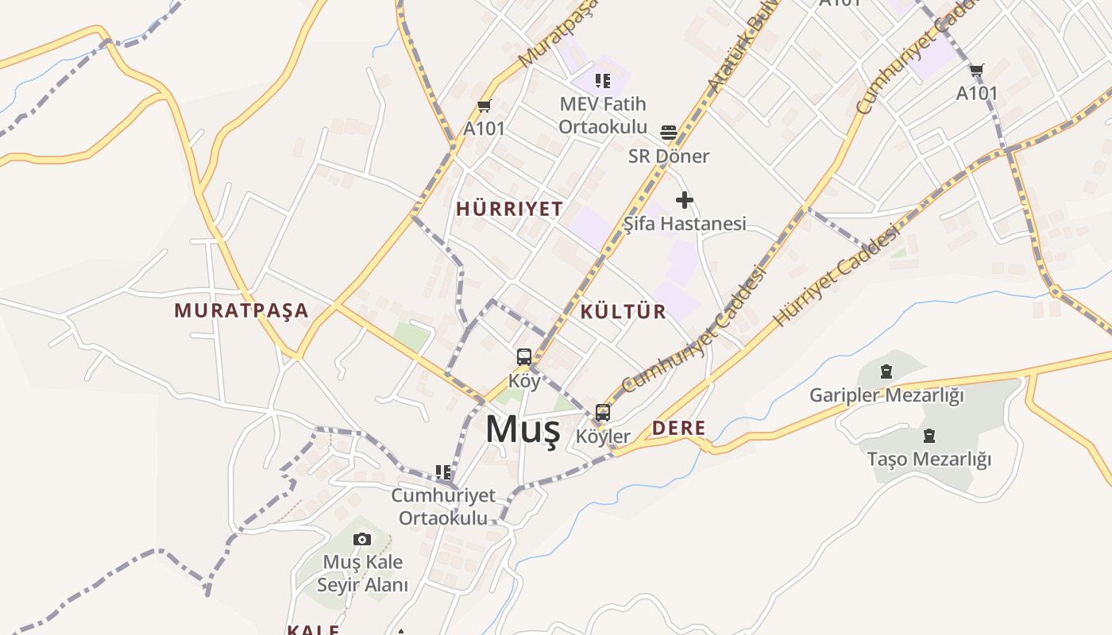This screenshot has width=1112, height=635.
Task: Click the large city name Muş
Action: coord(523,430)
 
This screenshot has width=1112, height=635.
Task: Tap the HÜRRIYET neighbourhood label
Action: coord(509,209)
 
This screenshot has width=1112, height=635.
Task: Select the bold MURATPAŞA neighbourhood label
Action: coord(241,310)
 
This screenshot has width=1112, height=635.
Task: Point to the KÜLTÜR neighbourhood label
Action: coord(624,311)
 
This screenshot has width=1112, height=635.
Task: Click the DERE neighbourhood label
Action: coord(678,429)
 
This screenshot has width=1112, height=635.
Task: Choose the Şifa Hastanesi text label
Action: coord(684,224)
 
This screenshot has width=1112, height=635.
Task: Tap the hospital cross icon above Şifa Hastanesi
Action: coord(684,200)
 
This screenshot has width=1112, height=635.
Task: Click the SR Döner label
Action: coord(669,156)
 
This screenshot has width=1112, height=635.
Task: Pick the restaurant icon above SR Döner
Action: coord(669,132)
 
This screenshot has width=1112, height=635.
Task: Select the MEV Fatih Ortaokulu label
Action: coord(603,115)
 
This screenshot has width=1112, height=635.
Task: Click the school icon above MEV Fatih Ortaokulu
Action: coord(603,80)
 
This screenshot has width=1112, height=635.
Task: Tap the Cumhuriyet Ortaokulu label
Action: coord(443,506)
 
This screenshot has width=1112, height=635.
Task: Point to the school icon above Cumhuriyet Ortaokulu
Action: coord(443,472)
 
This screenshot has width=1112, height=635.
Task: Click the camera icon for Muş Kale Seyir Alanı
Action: coord(362,540)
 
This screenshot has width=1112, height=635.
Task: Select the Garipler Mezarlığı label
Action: coord(886,394)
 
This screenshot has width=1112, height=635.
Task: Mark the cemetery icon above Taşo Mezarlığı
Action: coord(929,436)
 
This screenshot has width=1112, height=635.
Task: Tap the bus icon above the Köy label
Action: coord(524,357)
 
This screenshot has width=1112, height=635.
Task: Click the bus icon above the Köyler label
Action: coord(603,413)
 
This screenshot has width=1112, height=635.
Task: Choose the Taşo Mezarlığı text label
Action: coord(929,459)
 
